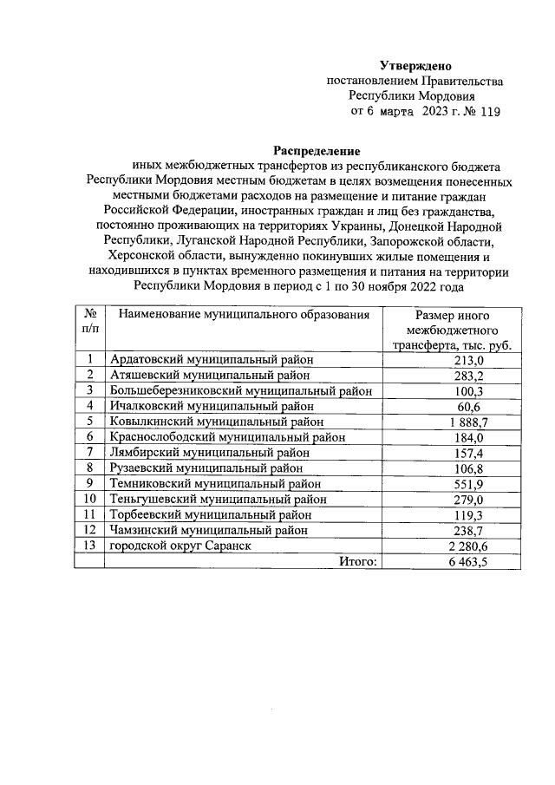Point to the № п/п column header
tap(89, 321)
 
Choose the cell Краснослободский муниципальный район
tap(221, 437)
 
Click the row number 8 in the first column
tap(89, 468)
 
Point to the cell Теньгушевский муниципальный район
tap(217, 499)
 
